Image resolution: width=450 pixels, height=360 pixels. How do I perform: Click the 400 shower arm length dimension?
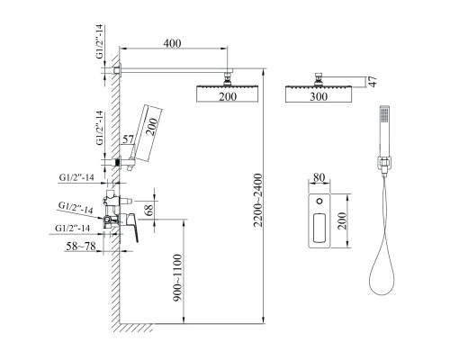172,43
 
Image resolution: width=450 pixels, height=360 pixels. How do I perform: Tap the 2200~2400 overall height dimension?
257,201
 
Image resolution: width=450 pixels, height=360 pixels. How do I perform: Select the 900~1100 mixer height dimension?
177,278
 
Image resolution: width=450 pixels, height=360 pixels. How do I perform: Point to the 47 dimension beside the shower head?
373,81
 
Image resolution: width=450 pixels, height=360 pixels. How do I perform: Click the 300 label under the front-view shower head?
319,96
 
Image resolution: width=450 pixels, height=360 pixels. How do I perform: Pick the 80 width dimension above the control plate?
319,177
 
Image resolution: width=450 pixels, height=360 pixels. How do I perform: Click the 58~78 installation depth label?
81,247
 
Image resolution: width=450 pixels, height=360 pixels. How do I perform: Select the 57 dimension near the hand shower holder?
128,139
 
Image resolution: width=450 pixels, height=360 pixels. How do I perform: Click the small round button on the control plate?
319,202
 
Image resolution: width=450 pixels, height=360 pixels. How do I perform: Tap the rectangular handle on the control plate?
319,228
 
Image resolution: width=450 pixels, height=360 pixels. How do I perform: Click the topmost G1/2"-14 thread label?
99,41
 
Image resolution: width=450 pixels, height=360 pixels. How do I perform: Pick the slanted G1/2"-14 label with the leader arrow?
76,208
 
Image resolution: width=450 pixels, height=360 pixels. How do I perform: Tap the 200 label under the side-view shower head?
228,96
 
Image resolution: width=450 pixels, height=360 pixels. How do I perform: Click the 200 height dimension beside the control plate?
342,221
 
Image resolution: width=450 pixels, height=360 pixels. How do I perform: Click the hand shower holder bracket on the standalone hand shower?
383,166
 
